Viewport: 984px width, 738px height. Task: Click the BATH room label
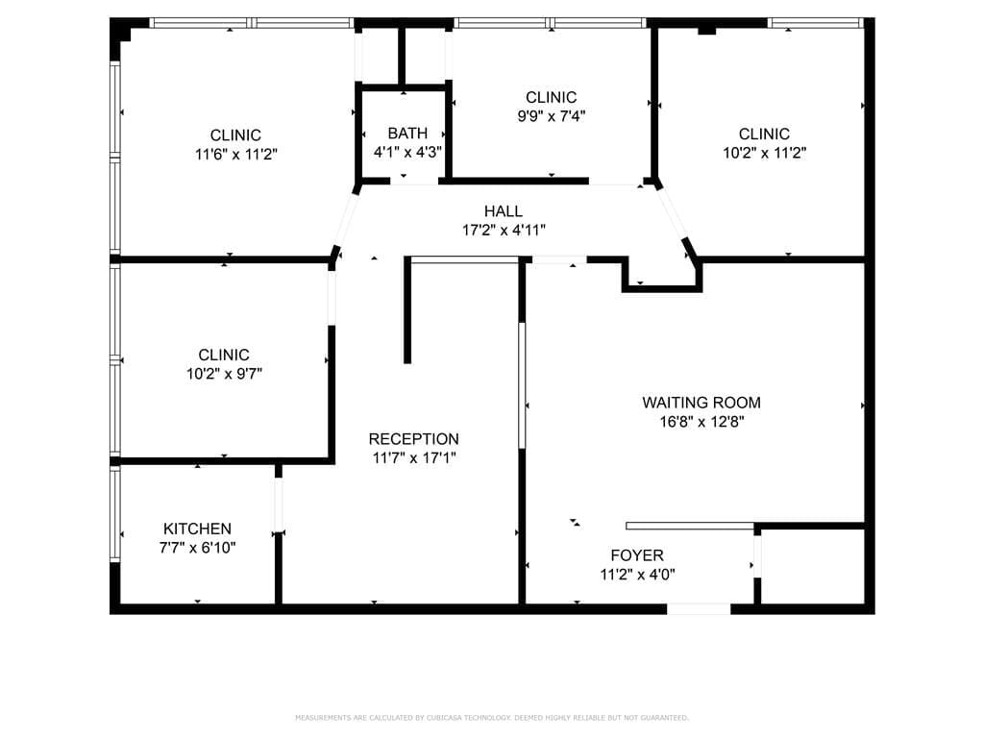(x=407, y=134)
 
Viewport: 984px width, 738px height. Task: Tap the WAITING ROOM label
(x=701, y=403)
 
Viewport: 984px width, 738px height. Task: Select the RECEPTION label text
(x=414, y=439)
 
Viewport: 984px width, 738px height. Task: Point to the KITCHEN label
(x=197, y=529)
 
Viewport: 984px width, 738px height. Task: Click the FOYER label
(x=637, y=555)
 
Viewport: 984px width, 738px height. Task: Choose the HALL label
(x=504, y=211)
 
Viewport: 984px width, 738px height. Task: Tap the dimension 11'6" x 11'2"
(x=235, y=153)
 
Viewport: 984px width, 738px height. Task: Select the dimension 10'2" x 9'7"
(x=224, y=374)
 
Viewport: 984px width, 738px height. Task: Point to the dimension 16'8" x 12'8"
(x=701, y=421)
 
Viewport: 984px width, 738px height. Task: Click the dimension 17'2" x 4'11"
(x=504, y=230)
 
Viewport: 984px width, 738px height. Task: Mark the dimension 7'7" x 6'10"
(x=197, y=548)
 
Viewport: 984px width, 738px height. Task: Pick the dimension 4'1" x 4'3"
(x=407, y=152)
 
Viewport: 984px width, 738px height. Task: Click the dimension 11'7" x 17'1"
(x=414, y=458)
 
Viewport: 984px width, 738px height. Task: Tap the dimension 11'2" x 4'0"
(x=637, y=575)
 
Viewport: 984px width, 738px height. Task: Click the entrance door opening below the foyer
(x=699, y=609)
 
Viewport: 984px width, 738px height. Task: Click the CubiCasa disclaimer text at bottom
(x=491, y=718)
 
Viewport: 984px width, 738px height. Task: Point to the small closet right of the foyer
(x=812, y=567)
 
